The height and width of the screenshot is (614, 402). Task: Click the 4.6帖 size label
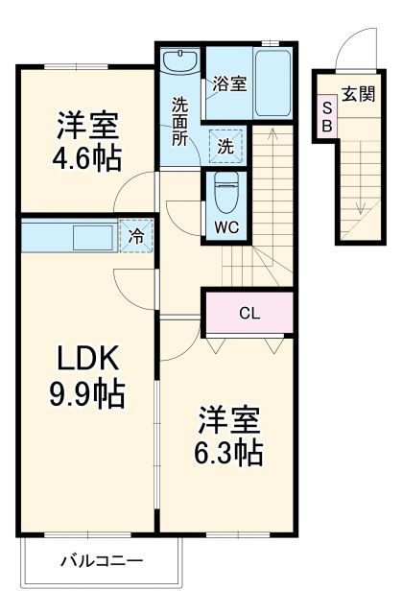pyautogui.click(x=88, y=157)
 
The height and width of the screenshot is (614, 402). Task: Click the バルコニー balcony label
pyautogui.click(x=101, y=560)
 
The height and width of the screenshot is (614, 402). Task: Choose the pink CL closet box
pyautogui.click(x=248, y=313)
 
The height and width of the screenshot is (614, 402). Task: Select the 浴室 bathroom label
pyautogui.click(x=230, y=83)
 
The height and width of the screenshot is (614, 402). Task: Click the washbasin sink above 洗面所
pyautogui.click(x=179, y=63)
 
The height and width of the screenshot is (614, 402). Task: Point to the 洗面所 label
pyautogui.click(x=180, y=120)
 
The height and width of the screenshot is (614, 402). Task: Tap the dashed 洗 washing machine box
pyautogui.click(x=225, y=146)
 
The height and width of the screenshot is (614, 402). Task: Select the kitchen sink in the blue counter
pyautogui.click(x=92, y=236)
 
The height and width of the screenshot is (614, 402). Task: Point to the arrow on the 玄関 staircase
pyautogui.click(x=362, y=203)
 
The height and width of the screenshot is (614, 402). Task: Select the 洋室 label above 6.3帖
pyautogui.click(x=230, y=419)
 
